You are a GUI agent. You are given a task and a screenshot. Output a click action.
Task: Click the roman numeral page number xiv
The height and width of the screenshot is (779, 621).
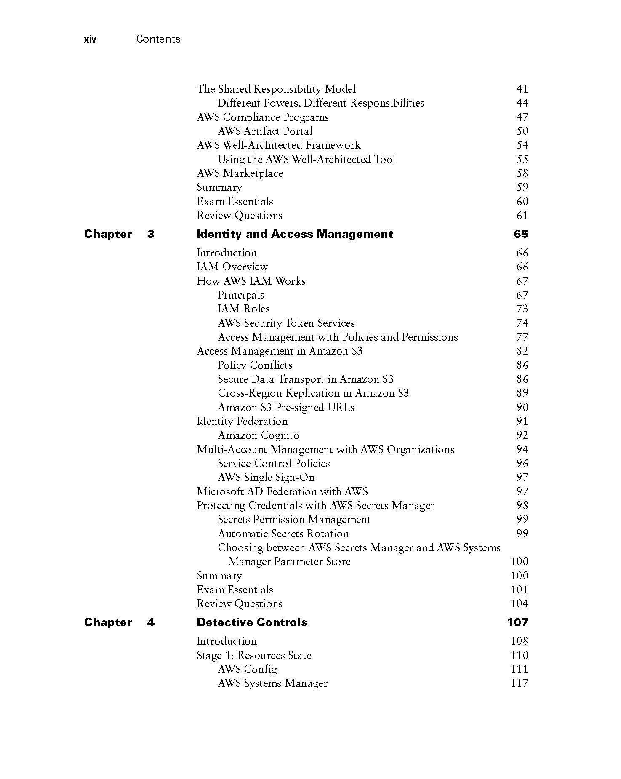click(x=90, y=40)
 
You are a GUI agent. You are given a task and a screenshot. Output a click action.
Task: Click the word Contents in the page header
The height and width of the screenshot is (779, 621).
click(x=158, y=39)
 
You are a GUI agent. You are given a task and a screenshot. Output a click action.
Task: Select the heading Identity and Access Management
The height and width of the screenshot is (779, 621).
click(x=295, y=234)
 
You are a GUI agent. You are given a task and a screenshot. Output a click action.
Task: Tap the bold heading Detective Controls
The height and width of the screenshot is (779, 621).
click(x=252, y=622)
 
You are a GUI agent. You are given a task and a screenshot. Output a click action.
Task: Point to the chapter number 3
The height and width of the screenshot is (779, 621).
click(x=151, y=234)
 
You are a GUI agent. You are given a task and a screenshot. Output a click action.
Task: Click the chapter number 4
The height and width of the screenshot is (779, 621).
click(x=151, y=622)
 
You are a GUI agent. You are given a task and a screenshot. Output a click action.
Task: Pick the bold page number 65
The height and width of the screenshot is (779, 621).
click(x=521, y=234)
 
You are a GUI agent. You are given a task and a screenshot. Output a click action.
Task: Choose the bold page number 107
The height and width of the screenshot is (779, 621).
click(x=518, y=622)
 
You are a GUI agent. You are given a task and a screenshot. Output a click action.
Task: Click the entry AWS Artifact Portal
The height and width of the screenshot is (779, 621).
click(x=265, y=131)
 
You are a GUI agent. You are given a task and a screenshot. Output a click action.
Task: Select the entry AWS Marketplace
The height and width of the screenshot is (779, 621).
click(x=240, y=173)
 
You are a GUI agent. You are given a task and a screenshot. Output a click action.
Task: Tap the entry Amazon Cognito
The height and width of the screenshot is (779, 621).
click(x=259, y=435)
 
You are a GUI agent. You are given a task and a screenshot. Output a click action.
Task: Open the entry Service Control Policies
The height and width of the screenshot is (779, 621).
click(x=274, y=463)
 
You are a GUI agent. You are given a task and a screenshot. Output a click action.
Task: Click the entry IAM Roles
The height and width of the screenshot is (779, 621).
click(x=244, y=309)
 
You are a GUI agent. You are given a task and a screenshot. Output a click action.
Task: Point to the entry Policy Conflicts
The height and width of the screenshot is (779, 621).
click(x=255, y=365)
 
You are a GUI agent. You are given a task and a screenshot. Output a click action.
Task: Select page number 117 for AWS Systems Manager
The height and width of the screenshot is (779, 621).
click(x=519, y=683)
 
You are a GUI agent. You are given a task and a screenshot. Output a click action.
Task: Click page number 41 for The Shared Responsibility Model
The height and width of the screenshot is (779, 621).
click(x=522, y=89)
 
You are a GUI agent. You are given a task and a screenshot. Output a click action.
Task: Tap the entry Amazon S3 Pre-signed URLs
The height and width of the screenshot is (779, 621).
click(x=286, y=407)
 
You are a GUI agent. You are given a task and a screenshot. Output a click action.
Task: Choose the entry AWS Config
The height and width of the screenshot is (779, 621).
click(x=247, y=669)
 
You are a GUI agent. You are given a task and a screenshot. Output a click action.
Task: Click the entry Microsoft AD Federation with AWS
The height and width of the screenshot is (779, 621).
click(x=282, y=491)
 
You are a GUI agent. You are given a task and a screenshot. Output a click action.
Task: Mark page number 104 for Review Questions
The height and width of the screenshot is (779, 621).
click(x=519, y=603)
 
